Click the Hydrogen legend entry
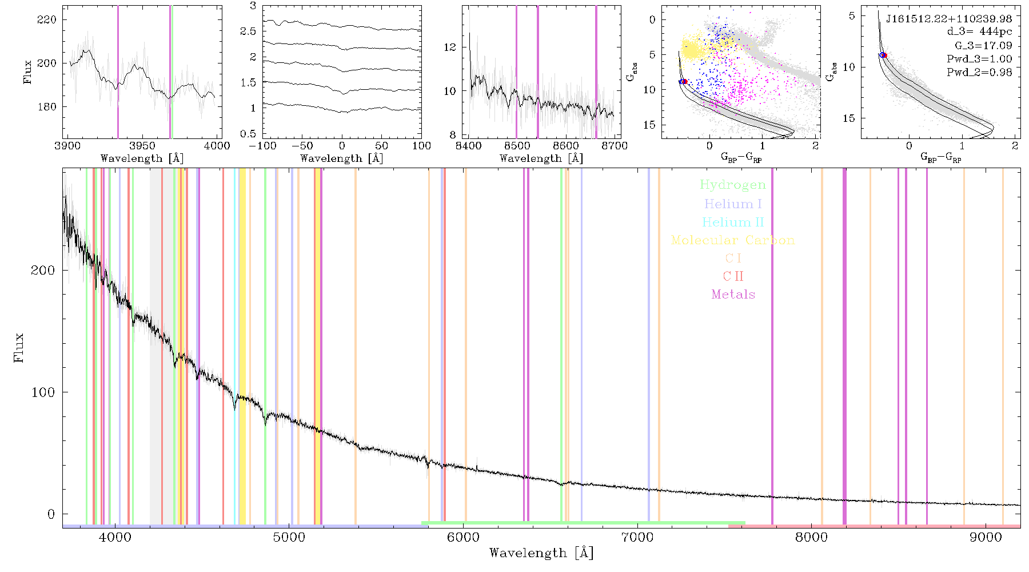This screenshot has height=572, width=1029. (x=732, y=185)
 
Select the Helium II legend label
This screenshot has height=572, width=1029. (x=733, y=222)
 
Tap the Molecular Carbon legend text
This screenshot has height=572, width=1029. (x=733, y=240)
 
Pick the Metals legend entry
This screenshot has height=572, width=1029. (x=733, y=294)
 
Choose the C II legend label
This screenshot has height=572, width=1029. (x=733, y=276)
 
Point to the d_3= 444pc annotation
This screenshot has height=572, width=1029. (x=979, y=32)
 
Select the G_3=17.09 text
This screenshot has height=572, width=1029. (x=983, y=45)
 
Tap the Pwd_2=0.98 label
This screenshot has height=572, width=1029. (x=979, y=72)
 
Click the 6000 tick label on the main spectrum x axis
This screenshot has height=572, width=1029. (x=463, y=537)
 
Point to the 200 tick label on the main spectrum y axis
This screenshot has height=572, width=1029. (x=42, y=270)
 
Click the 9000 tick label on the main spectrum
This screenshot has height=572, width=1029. (x=985, y=537)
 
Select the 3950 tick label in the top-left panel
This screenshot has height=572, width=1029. (x=142, y=146)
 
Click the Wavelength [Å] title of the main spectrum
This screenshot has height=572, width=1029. (x=541, y=553)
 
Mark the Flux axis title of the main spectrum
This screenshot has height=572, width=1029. (x=19, y=347)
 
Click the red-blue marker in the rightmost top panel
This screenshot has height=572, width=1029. (x=883, y=55)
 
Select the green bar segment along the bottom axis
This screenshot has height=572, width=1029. (x=583, y=523)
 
